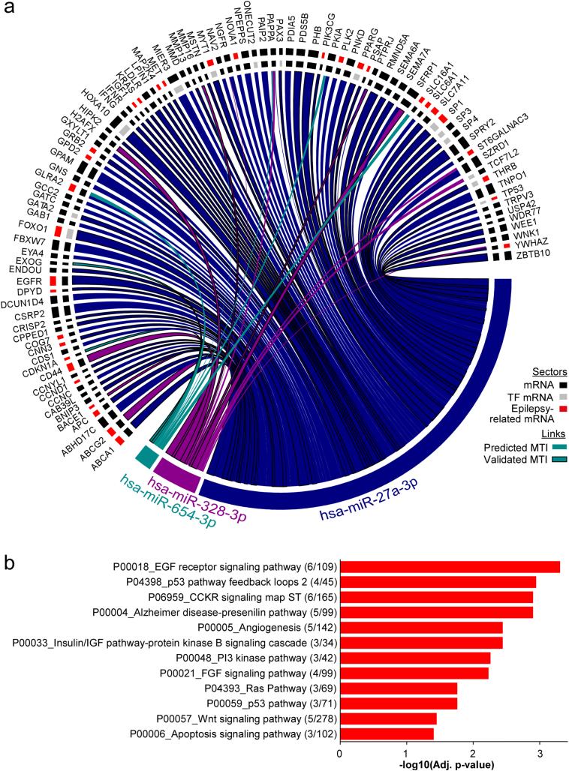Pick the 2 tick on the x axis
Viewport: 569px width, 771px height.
(x=473, y=752)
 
